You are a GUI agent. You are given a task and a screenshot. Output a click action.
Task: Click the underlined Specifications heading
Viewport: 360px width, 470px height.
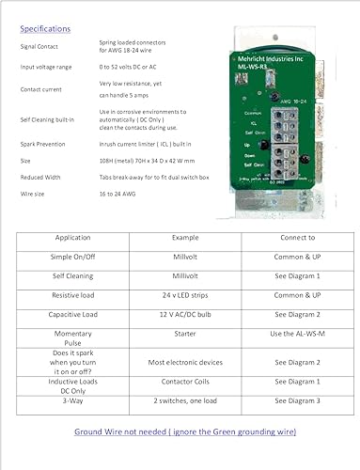click(x=44, y=28)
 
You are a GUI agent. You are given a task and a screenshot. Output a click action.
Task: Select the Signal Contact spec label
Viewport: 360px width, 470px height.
click(x=37, y=45)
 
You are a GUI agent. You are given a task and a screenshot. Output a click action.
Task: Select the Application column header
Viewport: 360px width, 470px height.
click(x=72, y=239)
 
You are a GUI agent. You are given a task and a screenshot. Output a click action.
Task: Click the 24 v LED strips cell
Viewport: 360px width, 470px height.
click(x=178, y=294)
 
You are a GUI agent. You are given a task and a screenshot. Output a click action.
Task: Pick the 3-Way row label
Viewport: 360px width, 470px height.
click(x=72, y=400)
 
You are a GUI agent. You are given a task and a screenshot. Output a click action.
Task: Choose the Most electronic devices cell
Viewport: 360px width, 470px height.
click(x=178, y=361)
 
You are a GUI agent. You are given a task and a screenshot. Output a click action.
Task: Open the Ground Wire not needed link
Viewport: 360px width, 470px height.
click(x=185, y=431)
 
